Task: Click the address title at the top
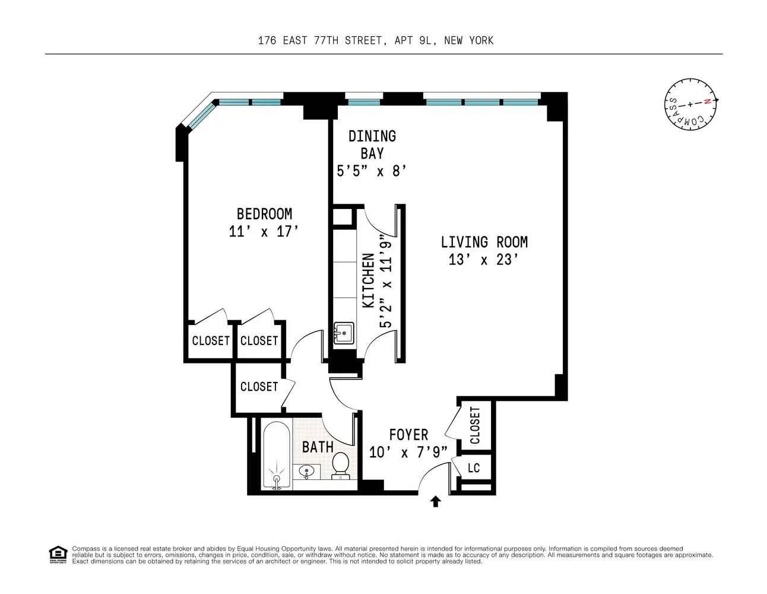(376, 40)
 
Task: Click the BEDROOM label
(264, 214)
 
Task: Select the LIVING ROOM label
(484, 242)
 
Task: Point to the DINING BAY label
(372, 144)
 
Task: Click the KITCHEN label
(369, 281)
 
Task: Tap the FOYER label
(408, 435)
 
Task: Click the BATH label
(318, 447)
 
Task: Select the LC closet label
(473, 468)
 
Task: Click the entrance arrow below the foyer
(436, 502)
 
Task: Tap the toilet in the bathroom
(341, 465)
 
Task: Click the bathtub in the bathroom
(276, 456)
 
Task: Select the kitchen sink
(343, 333)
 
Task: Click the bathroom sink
(307, 473)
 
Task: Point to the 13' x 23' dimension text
(484, 260)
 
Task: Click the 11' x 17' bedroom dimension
(264, 232)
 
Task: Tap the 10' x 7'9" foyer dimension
(408, 453)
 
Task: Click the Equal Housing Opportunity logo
(58, 555)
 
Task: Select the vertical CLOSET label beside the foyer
(475, 425)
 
